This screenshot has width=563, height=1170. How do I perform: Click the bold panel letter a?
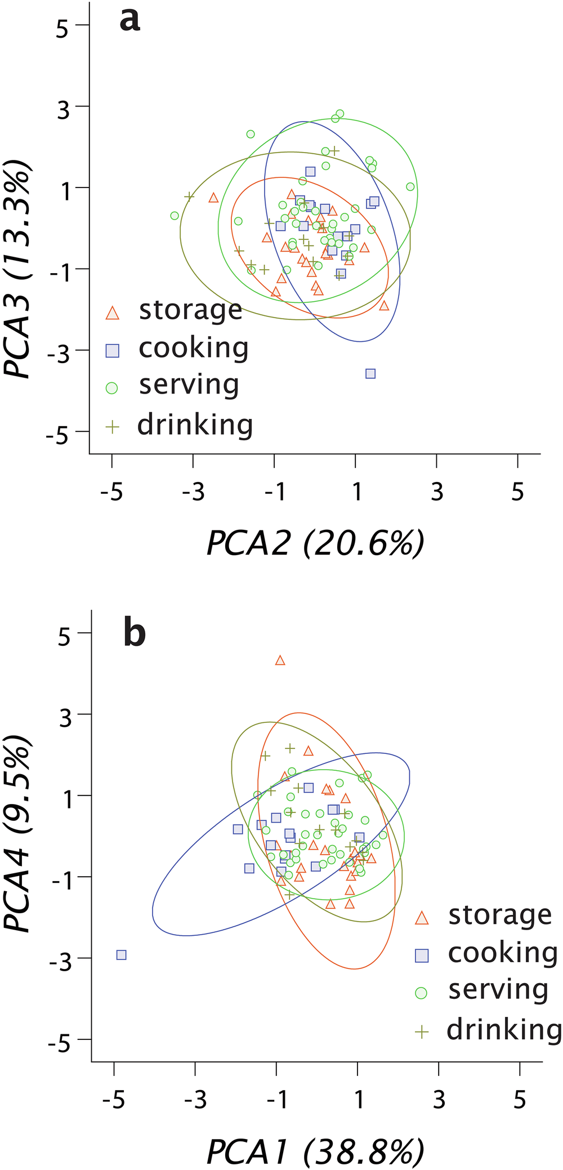pyautogui.click(x=129, y=20)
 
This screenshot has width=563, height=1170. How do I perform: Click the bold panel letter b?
pyautogui.click(x=134, y=633)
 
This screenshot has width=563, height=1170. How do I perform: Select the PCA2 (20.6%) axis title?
pyautogui.click(x=315, y=544)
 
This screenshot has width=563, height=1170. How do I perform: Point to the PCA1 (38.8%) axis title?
pyautogui.click(x=315, y=1152)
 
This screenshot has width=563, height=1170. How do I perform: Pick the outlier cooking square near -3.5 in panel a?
pyautogui.click(x=370, y=373)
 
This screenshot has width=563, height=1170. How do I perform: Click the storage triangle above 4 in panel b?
pyautogui.click(x=280, y=660)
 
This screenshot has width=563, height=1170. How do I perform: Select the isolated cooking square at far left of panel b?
pyautogui.click(x=121, y=955)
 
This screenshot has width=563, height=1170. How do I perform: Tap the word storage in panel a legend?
pyautogui.click(x=190, y=310)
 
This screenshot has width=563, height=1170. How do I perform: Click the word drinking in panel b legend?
pyautogui.click(x=504, y=1030)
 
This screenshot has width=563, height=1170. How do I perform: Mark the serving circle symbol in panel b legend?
pyautogui.click(x=421, y=993)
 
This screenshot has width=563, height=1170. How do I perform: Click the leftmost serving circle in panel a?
pyautogui.click(x=175, y=216)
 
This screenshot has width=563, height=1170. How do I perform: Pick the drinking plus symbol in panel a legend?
pyautogui.click(x=113, y=427)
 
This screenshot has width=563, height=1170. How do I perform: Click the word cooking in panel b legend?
pyautogui.click(x=502, y=953)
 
